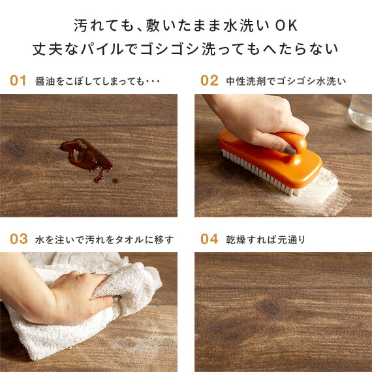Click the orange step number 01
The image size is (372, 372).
[x=18, y=81]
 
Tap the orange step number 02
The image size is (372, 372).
[x=209, y=81]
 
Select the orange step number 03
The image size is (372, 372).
[x=18, y=239]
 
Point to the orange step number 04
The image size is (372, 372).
[x=209, y=239]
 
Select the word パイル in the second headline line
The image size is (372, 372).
[x=116, y=49]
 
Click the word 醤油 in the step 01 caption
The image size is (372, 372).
[x=45, y=82]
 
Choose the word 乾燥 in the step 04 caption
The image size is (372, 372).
[x=236, y=240]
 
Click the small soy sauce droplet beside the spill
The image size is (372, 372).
[x=116, y=180]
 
